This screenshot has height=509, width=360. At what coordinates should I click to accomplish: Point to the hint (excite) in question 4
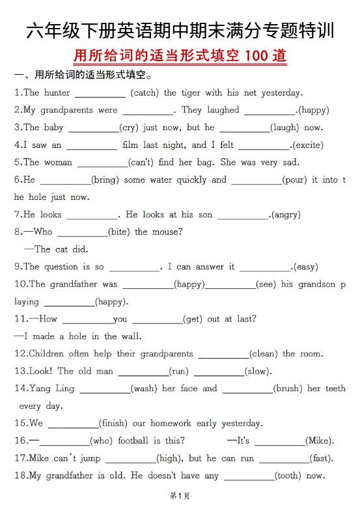tap(307, 145)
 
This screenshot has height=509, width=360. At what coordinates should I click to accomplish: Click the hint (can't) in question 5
tap(141, 163)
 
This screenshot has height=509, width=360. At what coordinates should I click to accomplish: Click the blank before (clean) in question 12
tap(223, 354)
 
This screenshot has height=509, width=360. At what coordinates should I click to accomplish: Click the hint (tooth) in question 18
tap(287, 476)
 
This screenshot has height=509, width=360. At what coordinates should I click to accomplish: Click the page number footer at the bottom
tap(180, 496)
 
